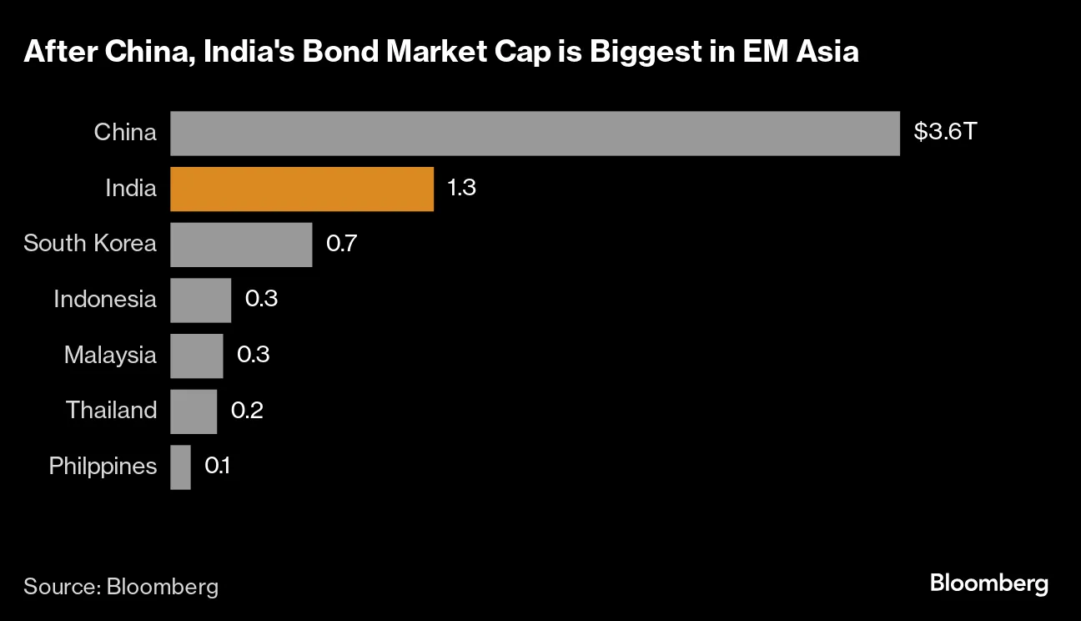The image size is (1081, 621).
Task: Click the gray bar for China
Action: click(535, 134)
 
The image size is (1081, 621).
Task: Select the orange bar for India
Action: click(302, 189)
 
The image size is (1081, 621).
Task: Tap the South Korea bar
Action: click(241, 245)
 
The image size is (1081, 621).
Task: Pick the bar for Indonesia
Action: click(200, 300)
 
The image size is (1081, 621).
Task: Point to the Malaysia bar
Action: click(196, 356)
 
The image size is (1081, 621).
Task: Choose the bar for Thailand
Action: click(194, 411)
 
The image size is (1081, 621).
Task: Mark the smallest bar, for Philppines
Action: click(180, 467)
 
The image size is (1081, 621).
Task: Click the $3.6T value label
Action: click(944, 132)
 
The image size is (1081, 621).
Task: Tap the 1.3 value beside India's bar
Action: click(461, 188)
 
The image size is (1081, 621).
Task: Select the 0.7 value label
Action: click(342, 244)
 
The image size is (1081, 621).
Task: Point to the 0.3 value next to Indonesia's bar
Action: click(261, 299)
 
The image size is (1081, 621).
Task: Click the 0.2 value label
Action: click(247, 411)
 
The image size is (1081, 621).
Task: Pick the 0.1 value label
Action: click(218, 466)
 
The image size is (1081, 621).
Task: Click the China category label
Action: click(125, 132)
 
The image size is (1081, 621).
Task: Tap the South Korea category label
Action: click(90, 243)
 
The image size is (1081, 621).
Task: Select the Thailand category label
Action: click(111, 410)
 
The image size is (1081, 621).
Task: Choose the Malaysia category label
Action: click(110, 355)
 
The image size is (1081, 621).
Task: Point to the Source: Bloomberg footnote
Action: click(121, 586)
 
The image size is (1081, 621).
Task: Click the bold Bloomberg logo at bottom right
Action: click(988, 583)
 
